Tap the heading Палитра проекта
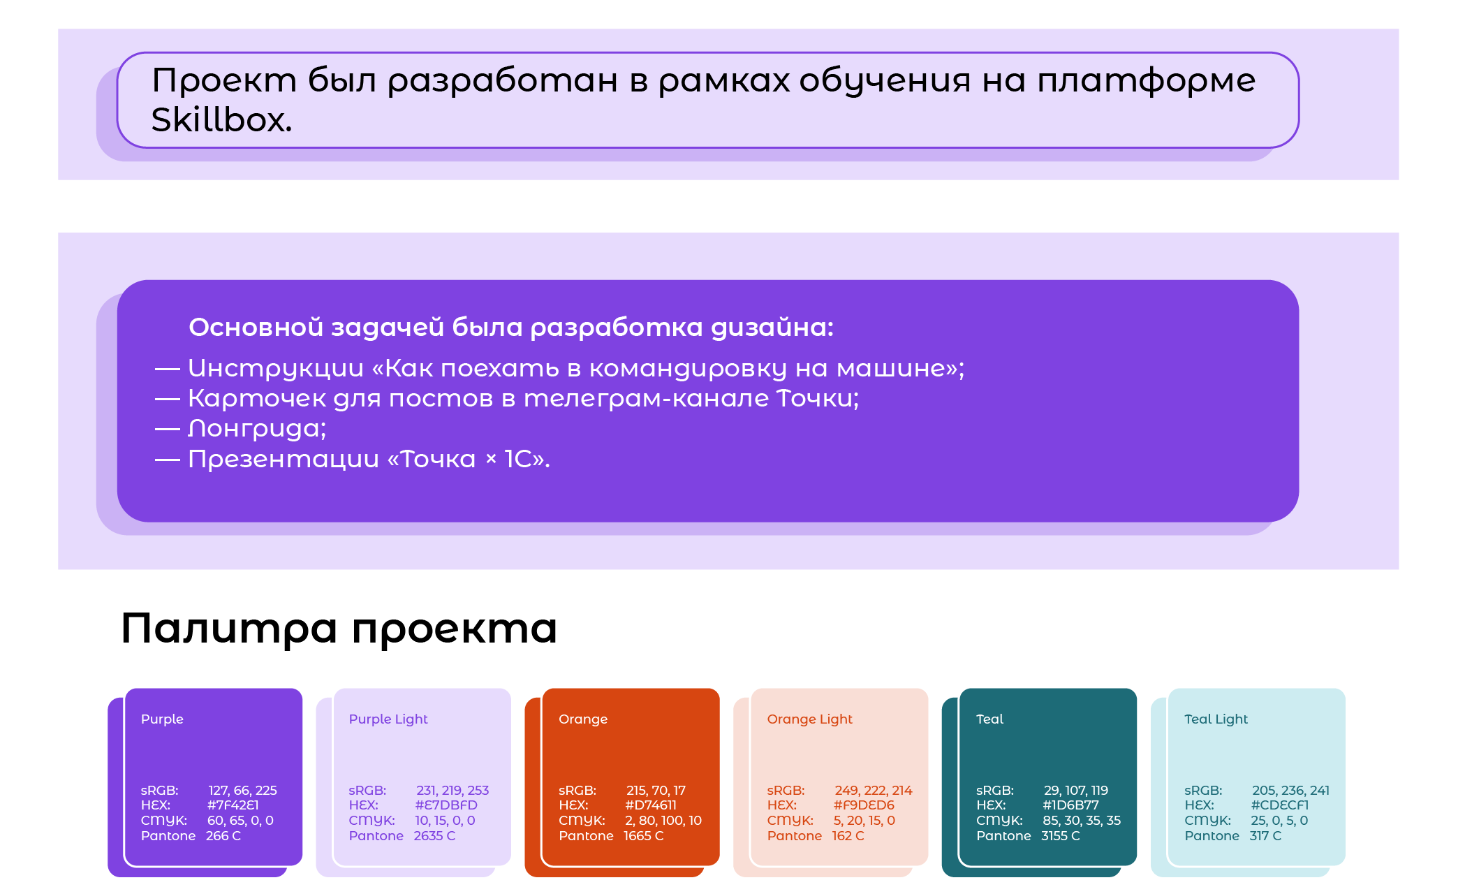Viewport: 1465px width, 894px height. click(339, 629)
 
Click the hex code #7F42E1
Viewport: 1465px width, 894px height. click(233, 805)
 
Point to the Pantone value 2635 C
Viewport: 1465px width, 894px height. click(434, 836)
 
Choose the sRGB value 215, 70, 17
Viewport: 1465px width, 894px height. click(656, 791)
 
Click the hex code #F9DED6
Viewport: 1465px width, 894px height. click(864, 805)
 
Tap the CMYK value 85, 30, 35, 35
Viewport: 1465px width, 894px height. click(1082, 821)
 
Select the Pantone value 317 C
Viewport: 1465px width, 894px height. click(1265, 836)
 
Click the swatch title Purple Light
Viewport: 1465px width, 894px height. click(388, 719)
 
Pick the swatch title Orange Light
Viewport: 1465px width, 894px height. click(810, 719)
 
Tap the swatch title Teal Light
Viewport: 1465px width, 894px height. click(1216, 719)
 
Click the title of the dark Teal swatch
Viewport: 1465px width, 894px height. click(989, 719)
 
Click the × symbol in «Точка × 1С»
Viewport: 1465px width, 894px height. click(491, 459)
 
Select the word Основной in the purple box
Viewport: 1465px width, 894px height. click(256, 328)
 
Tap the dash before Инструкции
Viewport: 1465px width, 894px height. click(168, 369)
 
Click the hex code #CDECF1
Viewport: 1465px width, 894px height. click(1280, 805)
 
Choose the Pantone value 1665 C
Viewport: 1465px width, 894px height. click(644, 836)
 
